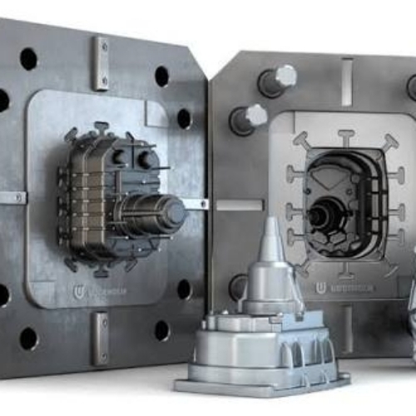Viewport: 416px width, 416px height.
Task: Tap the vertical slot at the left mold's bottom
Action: [100, 337]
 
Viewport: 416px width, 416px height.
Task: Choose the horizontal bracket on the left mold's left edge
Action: [12, 198]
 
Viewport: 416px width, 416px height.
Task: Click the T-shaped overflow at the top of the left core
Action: [102, 129]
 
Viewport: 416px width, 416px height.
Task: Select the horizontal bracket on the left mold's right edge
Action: [195, 204]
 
